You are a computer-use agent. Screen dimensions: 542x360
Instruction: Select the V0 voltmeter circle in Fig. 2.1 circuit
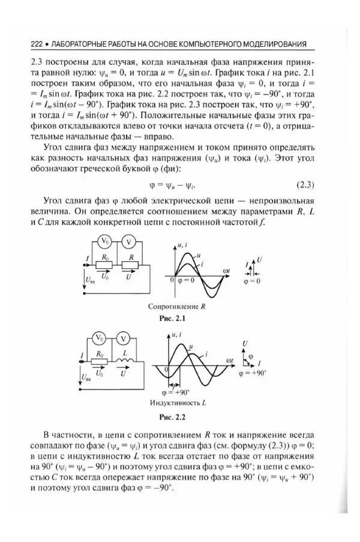[x=104, y=241]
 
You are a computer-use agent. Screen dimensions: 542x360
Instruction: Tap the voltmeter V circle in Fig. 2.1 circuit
[x=127, y=241]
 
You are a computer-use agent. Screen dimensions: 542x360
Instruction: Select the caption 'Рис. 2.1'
[x=180, y=318]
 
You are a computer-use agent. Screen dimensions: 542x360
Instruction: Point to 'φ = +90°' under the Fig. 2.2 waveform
[x=179, y=391]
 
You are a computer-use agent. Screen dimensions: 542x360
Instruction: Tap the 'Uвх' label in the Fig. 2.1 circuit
[x=89, y=280]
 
